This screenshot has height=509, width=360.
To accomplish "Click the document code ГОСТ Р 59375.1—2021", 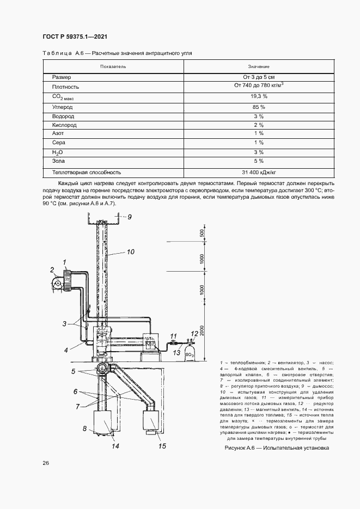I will click(x=75, y=37).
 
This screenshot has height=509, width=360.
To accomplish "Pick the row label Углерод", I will click(x=63, y=107).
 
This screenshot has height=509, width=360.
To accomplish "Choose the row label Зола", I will click(x=59, y=161).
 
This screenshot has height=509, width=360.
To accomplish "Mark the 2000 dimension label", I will click(x=203, y=332).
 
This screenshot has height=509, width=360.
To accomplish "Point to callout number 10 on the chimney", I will click(x=130, y=252).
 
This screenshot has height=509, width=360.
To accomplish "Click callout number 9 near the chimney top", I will click(x=130, y=217).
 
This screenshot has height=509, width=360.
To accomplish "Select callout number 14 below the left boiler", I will click(x=115, y=446).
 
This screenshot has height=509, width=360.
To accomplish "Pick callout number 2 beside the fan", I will click(x=52, y=269).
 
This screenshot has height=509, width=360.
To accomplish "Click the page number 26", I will click(x=46, y=463).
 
